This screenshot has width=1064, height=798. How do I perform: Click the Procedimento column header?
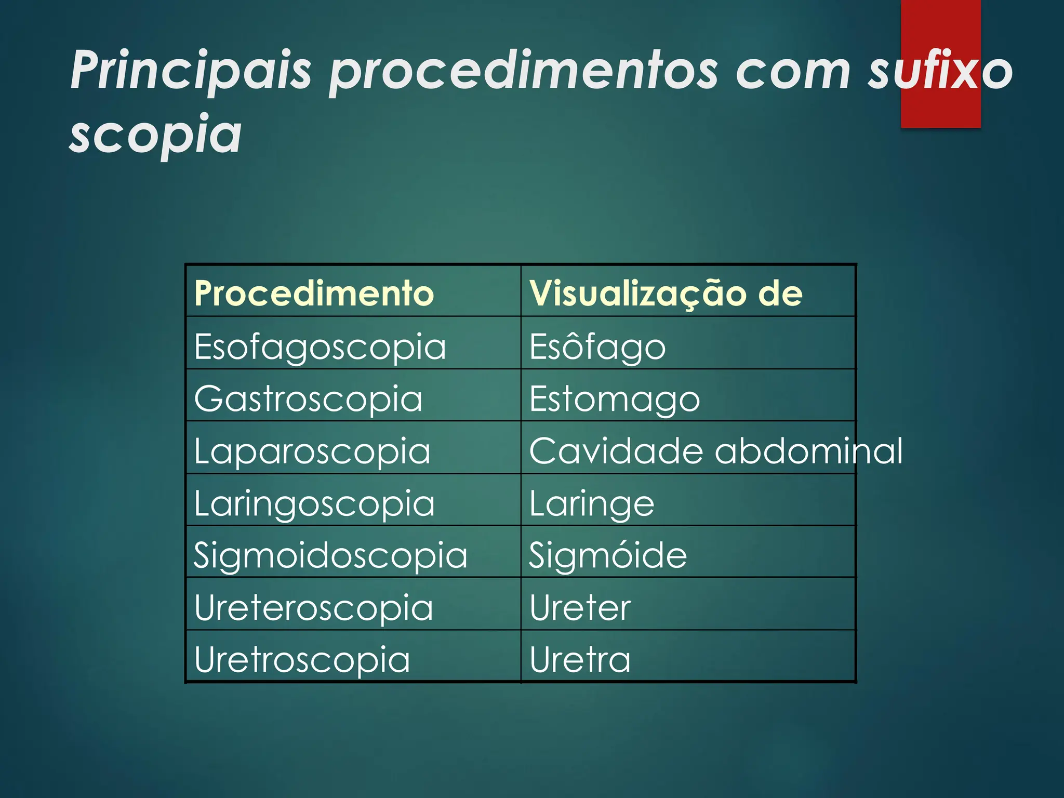pos(314,294)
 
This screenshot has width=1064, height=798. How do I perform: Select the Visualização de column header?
pos(666,294)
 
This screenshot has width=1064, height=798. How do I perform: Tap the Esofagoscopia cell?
pos(320,347)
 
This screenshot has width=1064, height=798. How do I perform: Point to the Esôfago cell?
pos(597,347)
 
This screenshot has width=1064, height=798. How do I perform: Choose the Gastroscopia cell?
pos(308,399)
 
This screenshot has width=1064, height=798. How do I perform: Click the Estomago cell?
pos(615,399)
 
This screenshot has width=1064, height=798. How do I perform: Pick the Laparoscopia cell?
pos(312,451)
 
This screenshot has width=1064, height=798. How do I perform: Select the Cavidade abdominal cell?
pos(716,451)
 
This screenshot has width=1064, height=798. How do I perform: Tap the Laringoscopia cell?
pos(314,503)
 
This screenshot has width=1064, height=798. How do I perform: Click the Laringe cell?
pos(592,503)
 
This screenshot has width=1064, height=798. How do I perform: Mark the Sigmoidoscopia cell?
pos(330,555)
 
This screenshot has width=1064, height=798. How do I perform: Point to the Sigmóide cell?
pos(608,555)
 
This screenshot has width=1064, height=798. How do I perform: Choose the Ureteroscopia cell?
pos(313,608)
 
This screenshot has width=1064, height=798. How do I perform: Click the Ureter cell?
pos(580,608)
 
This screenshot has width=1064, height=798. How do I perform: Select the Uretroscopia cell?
pos(302,660)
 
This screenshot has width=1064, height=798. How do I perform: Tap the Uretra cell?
pos(580,660)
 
